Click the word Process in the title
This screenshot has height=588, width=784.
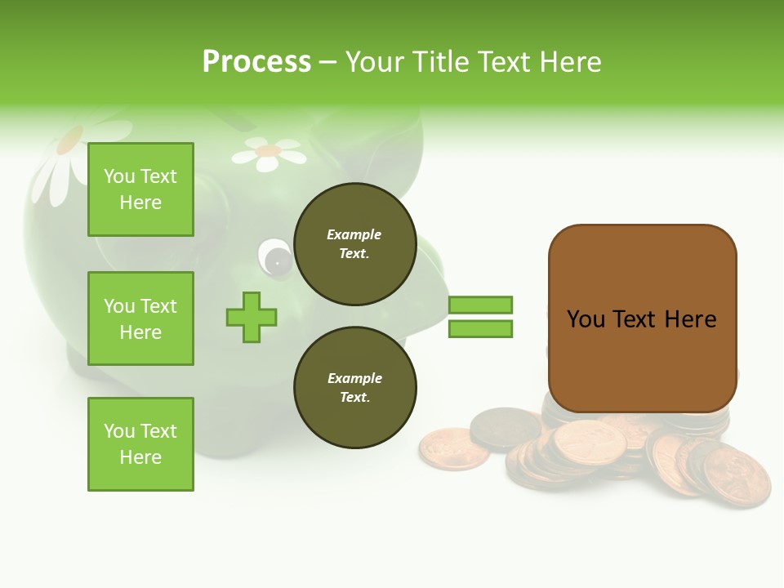[256, 62]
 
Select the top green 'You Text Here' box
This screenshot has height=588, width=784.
[140, 189]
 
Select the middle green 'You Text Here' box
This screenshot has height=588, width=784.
[140, 318]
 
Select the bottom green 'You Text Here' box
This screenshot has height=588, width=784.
[140, 444]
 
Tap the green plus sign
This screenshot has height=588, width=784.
[252, 317]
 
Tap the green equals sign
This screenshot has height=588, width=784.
[480, 317]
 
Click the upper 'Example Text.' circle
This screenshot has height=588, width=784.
[354, 244]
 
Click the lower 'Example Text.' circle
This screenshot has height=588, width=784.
[354, 388]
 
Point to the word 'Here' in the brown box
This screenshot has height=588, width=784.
[690, 319]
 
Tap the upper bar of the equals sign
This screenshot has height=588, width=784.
[480, 305]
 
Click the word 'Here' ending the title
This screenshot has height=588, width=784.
[568, 62]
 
